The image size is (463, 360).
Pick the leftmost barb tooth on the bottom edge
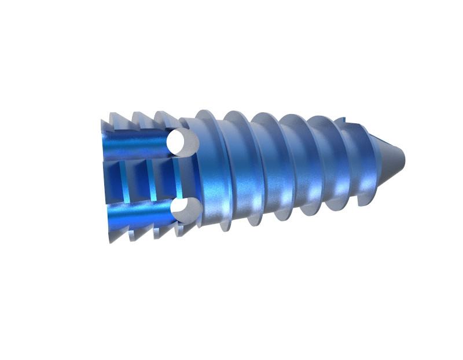point(110,236)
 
